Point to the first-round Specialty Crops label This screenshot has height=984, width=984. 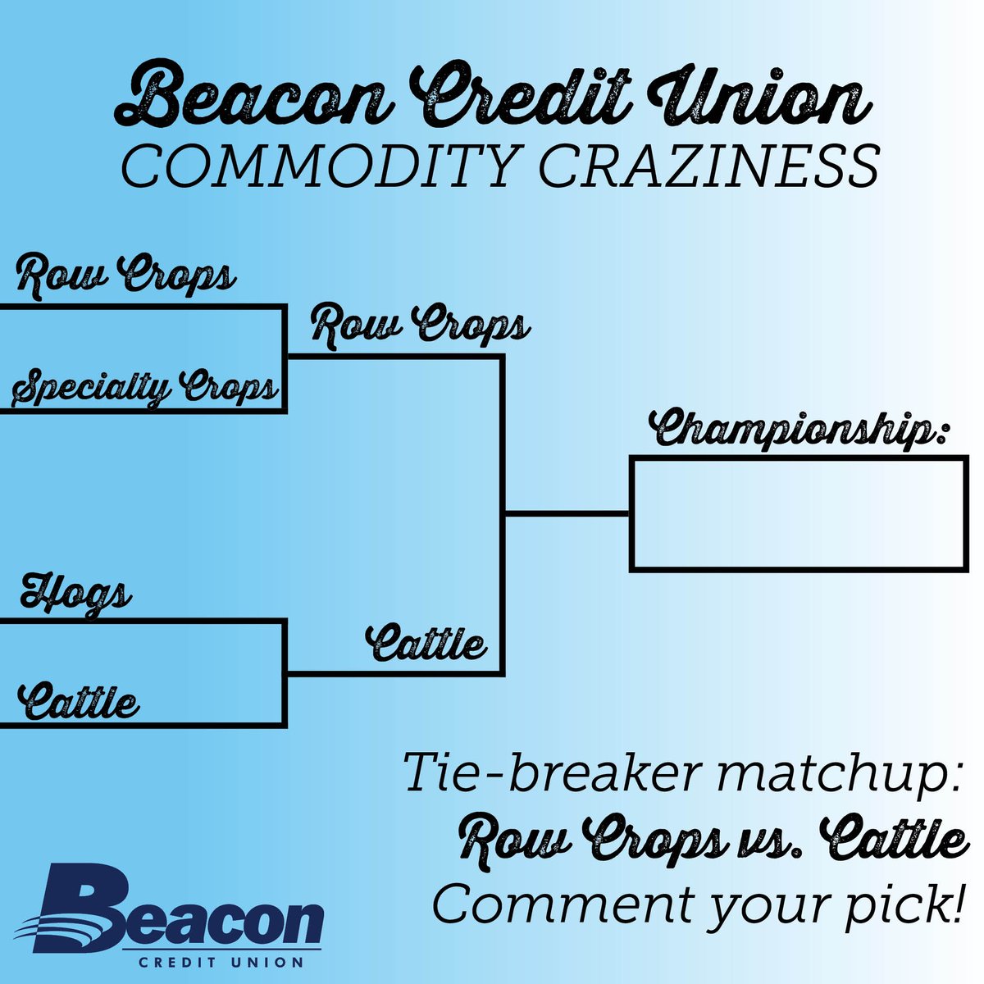click(146, 387)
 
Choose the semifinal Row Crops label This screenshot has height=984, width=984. click(421, 326)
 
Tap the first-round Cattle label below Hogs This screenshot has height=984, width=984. click(80, 703)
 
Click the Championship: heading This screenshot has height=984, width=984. click(799, 430)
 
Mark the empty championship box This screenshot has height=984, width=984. click(799, 514)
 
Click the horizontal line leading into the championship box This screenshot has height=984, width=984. click(566, 514)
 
